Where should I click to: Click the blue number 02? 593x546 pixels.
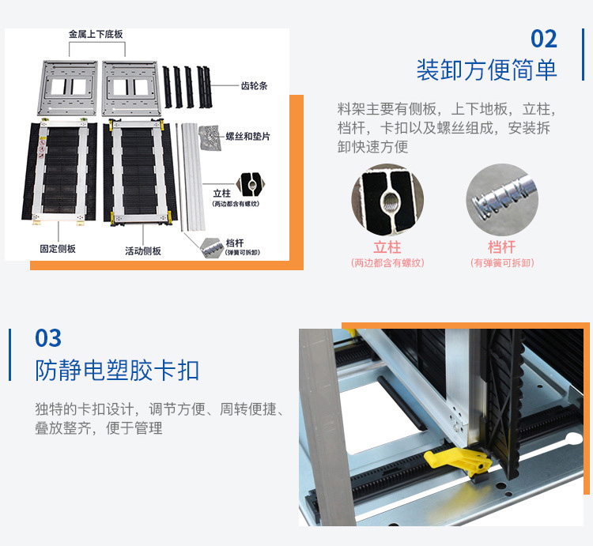[544, 39]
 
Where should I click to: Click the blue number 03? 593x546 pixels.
[48, 338]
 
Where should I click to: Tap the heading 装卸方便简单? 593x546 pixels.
[487, 70]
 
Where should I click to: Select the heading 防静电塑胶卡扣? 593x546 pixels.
[117, 370]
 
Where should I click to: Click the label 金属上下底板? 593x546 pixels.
[96, 35]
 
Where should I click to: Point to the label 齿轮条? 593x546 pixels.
[254, 86]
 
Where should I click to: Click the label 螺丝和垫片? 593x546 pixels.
[247, 137]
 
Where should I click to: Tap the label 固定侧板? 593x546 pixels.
[58, 249]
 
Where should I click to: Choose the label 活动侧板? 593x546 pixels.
[143, 251]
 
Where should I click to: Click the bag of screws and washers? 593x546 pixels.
[210, 138]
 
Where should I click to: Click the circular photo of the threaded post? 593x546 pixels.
[387, 199]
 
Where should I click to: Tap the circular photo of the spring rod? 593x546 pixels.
[502, 199]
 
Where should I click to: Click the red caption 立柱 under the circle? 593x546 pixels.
[387, 247]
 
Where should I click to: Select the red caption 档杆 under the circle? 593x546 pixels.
[502, 247]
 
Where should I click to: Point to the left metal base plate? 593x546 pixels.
[69, 88]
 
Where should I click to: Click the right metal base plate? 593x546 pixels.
[130, 88]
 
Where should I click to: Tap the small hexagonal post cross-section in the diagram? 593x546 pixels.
[251, 185]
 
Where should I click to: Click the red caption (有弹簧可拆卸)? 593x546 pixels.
[502, 263]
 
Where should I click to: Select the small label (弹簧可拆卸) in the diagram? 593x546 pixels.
[243, 252]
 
